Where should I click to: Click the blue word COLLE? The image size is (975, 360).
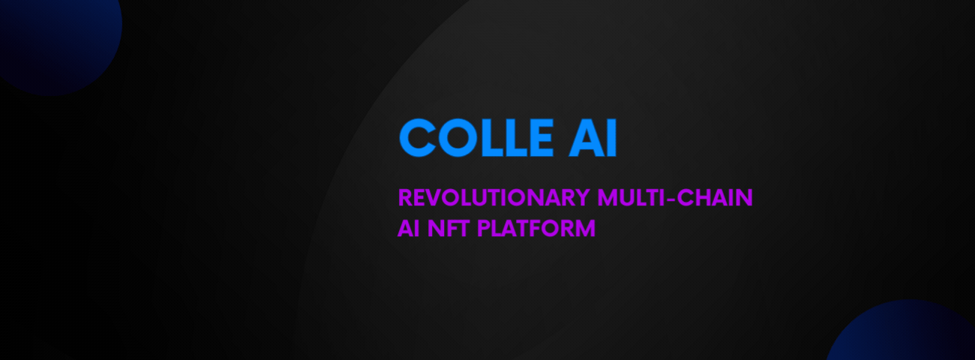point(476,137)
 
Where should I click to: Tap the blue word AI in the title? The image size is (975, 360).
point(592,137)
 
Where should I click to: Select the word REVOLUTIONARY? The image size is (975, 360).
point(494,198)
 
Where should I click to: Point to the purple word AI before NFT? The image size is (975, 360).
point(408,228)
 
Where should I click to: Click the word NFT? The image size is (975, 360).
point(448,228)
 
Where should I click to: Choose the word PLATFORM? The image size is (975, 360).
point(536,228)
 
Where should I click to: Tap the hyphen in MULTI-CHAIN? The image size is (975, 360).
point(670,199)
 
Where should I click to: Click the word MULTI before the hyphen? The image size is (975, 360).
point(631,198)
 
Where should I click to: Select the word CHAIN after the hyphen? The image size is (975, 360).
point(715,198)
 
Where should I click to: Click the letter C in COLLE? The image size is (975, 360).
point(417,137)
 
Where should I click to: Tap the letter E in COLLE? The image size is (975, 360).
point(540,137)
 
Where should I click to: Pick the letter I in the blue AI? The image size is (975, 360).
point(612,137)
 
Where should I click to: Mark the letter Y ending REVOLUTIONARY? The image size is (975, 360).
point(581,198)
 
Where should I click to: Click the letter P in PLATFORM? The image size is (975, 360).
point(484,228)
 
